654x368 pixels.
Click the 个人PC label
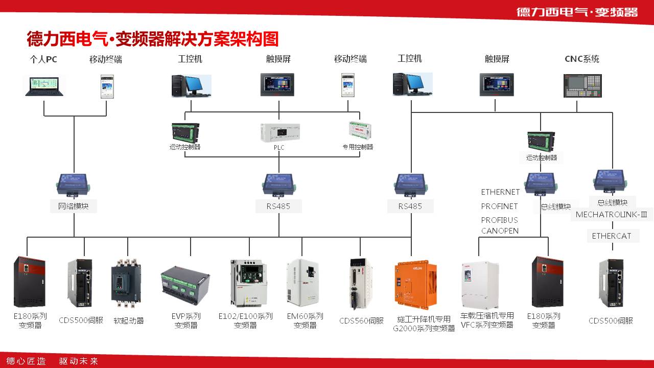tap(43, 59)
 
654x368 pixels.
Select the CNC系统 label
tap(582, 59)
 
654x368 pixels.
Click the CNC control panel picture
tap(582, 85)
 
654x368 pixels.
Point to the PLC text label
tap(279, 148)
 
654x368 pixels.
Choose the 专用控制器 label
tap(358, 147)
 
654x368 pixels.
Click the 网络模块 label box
tap(74, 206)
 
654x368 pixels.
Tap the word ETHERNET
tap(500, 192)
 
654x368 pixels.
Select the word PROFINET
tap(499, 206)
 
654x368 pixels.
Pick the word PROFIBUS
tap(499, 220)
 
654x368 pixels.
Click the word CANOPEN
tap(500, 231)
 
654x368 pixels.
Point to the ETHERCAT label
tap(612, 236)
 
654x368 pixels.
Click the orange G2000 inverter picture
tap(415, 286)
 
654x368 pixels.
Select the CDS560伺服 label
tap(361, 321)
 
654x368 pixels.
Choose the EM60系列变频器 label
tap(305, 320)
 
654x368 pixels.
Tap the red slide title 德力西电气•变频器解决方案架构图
tap(152, 39)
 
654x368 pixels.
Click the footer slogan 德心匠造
tap(26, 361)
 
